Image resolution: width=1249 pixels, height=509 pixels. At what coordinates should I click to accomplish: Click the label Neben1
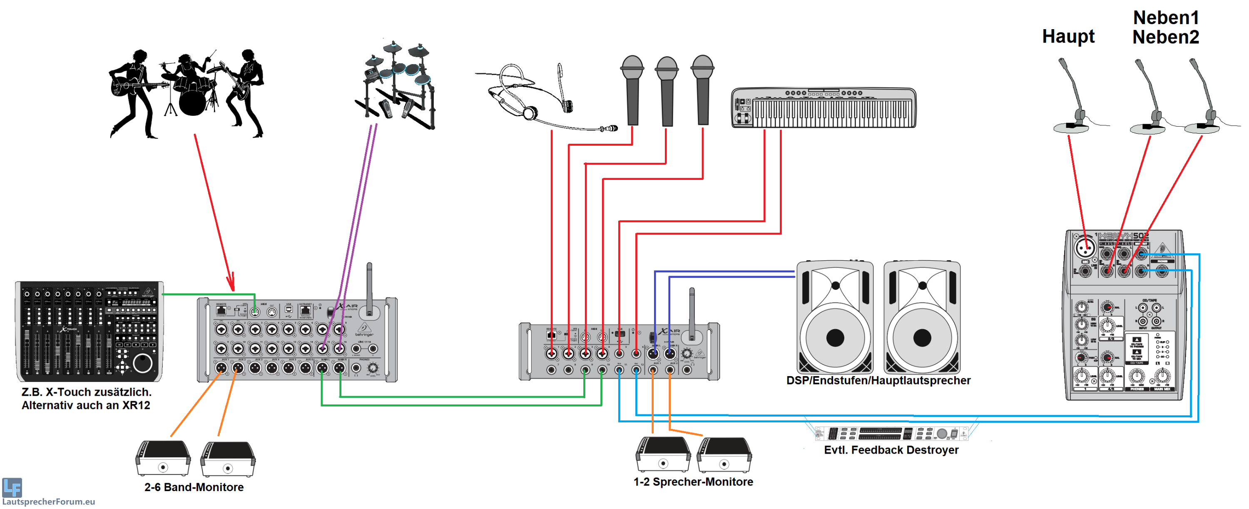[1165, 17]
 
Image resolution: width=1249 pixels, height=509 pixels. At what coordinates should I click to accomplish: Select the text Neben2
[1165, 37]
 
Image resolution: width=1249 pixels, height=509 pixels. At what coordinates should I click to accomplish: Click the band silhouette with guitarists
[187, 92]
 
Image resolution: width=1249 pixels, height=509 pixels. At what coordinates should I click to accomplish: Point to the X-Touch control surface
[89, 332]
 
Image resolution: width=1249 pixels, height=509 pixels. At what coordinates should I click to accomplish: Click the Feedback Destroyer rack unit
[891, 433]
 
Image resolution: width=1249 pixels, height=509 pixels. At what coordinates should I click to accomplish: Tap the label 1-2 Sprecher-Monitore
[693, 482]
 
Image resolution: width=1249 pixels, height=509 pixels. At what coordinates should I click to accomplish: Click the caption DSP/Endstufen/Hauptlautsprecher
[878, 380]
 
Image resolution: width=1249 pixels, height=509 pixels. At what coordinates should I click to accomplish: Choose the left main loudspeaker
[834, 318]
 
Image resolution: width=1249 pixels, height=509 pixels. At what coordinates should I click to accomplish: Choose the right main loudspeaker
[921, 318]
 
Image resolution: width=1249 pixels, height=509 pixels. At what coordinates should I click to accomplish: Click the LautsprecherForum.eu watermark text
[48, 501]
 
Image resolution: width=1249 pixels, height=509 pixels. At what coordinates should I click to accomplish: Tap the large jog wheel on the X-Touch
[142, 362]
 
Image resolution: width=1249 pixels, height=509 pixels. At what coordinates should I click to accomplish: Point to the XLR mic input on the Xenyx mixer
[1085, 248]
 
